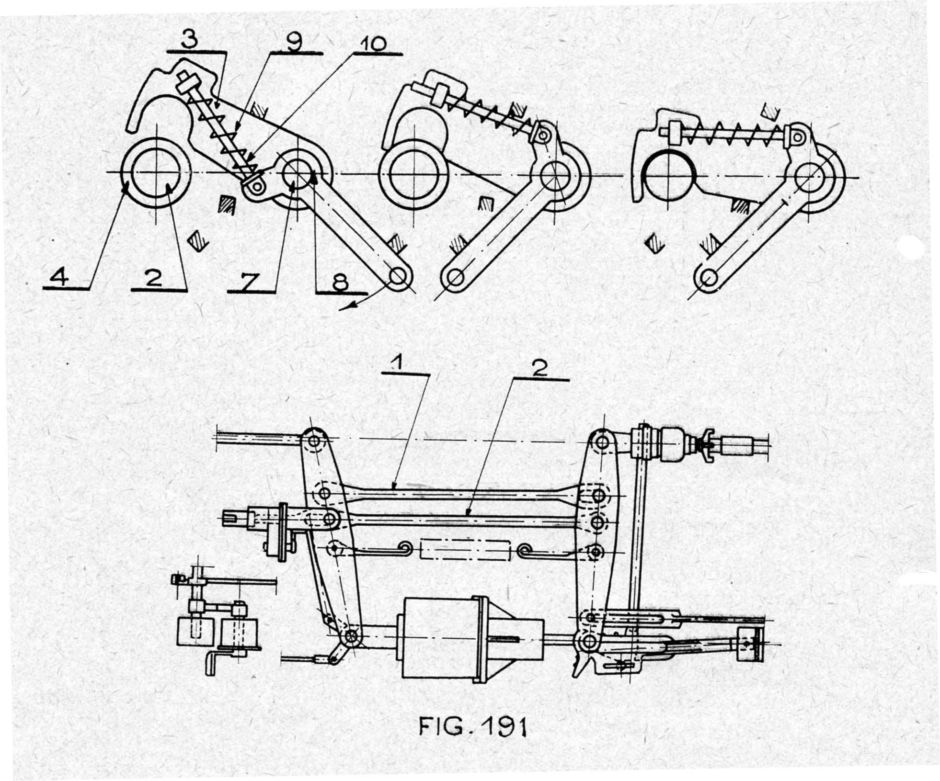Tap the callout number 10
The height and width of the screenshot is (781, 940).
coord(372,45)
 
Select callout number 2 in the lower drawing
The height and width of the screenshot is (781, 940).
coord(539,370)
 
